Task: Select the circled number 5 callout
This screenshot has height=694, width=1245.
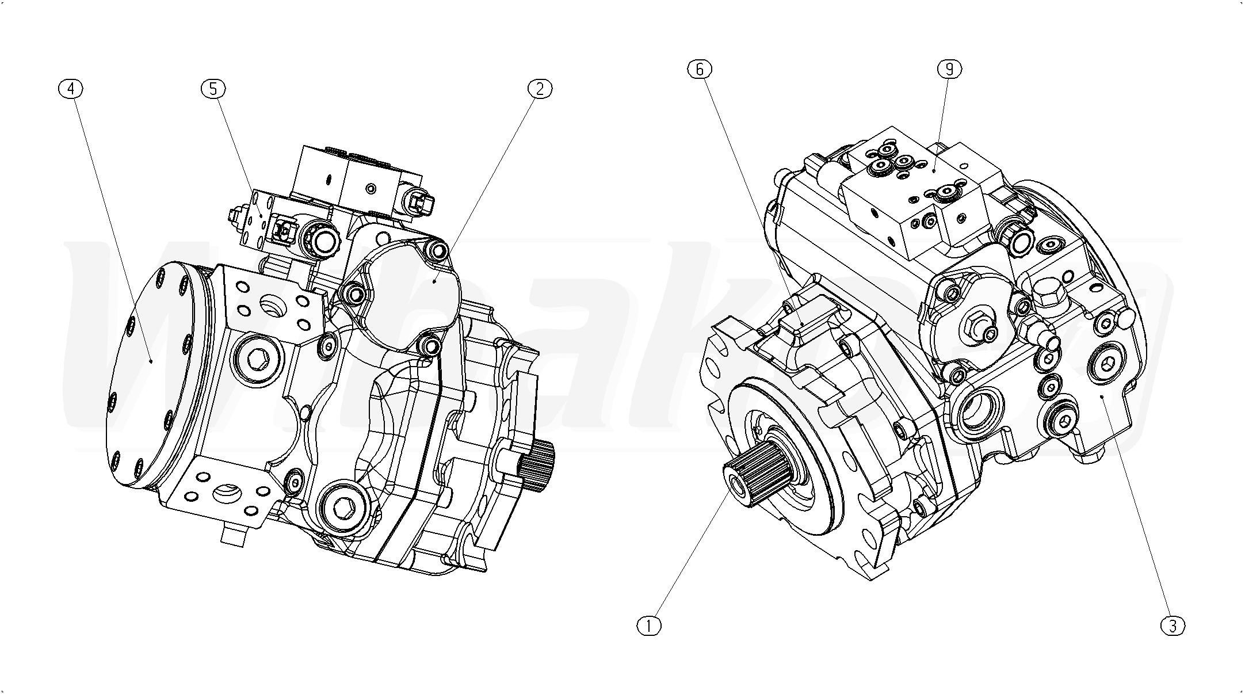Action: [213, 89]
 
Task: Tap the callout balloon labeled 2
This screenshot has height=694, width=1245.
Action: [540, 89]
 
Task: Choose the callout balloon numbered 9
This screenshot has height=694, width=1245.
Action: [949, 69]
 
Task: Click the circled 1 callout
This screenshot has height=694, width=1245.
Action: [650, 626]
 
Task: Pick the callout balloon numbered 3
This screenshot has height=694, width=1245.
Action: [1173, 626]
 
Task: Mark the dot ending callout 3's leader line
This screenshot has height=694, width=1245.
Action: [1101, 396]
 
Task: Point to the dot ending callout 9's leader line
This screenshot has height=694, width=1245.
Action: [933, 170]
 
